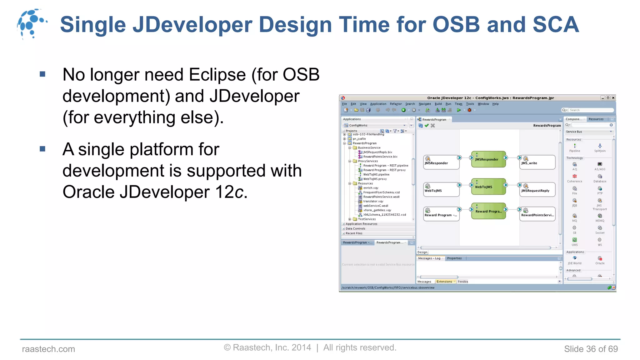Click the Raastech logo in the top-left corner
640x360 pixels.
(31, 24)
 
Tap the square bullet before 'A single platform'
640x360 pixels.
(43, 149)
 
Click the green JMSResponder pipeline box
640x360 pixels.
(488, 159)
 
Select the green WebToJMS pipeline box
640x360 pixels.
(488, 187)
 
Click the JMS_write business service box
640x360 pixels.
(537, 162)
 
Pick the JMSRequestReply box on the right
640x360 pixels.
(537, 190)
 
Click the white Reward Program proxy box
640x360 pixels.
(441, 214)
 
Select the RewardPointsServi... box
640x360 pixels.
(537, 214)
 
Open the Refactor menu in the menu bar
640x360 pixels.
(396, 104)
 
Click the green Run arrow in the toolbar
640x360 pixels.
(459, 110)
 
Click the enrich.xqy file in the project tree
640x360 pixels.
(371, 188)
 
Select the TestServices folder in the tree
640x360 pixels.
(367, 219)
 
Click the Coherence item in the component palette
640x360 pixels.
(574, 178)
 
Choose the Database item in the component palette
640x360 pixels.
(600, 178)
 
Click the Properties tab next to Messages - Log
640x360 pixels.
(454, 258)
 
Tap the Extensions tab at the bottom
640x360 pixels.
(444, 282)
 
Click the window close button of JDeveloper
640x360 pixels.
(613, 98)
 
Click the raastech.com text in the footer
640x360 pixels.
(48, 349)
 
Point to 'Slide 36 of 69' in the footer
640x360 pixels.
(591, 349)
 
